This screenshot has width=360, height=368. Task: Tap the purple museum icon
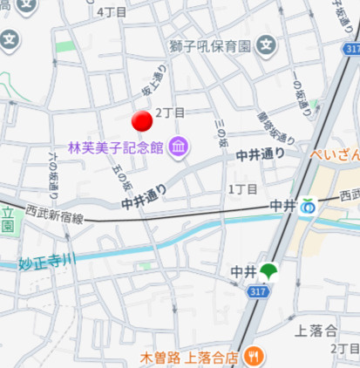coord(179,145)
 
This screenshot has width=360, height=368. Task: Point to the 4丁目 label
coord(112,12)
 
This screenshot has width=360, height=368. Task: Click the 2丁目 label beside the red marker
coord(170,113)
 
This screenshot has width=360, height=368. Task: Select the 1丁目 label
coord(242,188)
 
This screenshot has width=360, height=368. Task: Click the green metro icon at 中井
coord(268,272)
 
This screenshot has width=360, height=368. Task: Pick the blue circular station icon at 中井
coord(306,208)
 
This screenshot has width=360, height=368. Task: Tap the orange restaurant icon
coord(255,356)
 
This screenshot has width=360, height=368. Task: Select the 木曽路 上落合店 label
coord(190,357)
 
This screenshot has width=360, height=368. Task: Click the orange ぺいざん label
coord(336,156)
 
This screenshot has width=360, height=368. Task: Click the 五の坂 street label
coord(121,176)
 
